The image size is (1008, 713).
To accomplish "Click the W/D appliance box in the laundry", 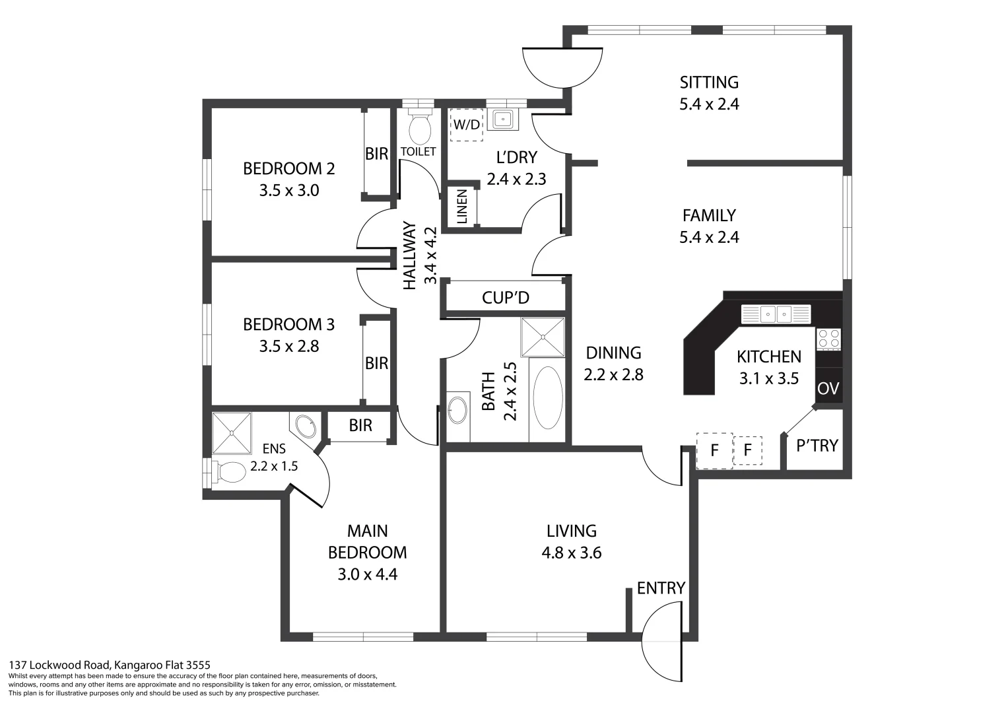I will point(466,125).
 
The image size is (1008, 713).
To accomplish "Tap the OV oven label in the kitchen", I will point(828,389).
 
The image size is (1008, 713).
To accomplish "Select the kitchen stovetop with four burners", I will point(829,339).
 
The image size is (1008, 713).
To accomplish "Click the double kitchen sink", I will point(776,314).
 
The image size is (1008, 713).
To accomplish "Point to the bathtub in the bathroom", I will point(547,398).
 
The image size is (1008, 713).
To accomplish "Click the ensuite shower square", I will point(232,433).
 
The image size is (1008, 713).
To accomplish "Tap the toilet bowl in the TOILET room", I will point(420,129).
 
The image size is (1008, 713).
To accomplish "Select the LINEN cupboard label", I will point(462,207).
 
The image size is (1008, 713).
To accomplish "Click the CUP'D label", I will point(506,298).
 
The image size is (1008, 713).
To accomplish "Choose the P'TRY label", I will point(817,446).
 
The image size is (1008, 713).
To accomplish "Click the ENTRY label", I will point(661,588).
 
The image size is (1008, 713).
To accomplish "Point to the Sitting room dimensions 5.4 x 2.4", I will point(709,104).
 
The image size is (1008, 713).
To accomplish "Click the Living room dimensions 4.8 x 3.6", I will point(571,553).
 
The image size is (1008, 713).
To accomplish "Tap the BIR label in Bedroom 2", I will point(376,154).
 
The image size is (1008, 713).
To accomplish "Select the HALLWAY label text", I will point(410,255).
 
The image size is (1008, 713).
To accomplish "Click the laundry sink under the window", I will point(504,119).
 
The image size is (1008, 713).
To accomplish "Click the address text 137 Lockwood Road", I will point(109,665).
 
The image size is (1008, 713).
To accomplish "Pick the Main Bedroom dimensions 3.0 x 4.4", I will point(367,574).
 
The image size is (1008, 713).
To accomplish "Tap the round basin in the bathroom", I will point(457,409).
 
